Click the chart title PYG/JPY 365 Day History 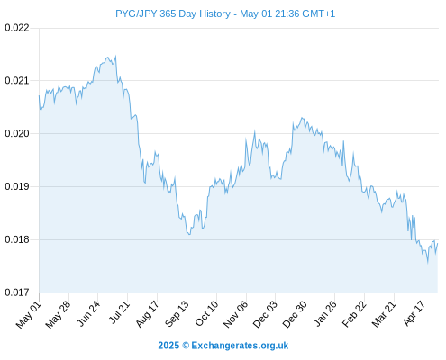click(x=173, y=13)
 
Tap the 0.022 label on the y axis click(x=17, y=28)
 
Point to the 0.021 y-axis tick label click(x=17, y=80)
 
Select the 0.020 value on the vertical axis click(x=17, y=133)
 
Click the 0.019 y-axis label click(x=17, y=186)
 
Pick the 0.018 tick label click(x=17, y=239)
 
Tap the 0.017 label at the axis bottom click(x=17, y=292)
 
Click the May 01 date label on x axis click(x=29, y=315)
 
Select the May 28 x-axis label click(x=58, y=315)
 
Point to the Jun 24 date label click(x=88, y=314)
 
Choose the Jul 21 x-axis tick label click(x=119, y=313)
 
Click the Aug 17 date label click(x=147, y=314)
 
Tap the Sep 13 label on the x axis click(x=177, y=314)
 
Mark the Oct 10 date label click(x=206, y=314)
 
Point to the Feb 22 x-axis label click(x=354, y=314)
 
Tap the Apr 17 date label click(x=414, y=314)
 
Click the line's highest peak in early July click(x=115, y=56)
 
